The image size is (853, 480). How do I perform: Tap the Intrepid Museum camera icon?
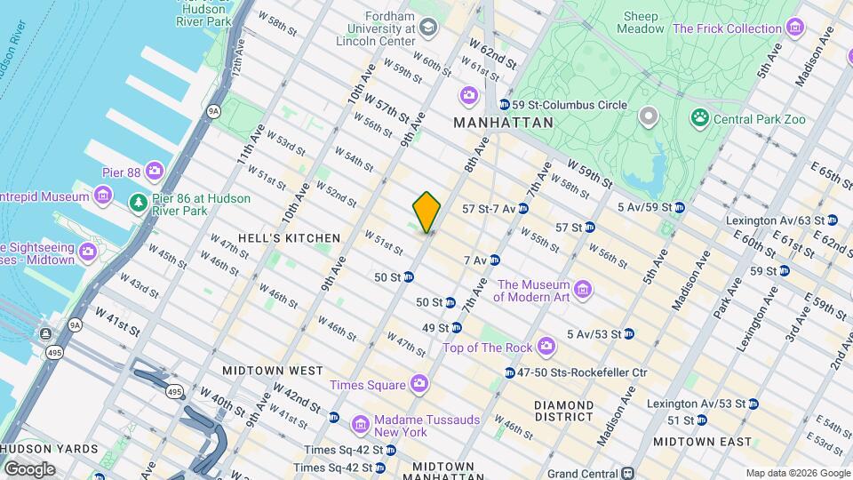tap(104, 196)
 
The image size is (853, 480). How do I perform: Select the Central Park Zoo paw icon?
tap(700, 118)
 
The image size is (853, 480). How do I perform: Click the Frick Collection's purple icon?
tap(793, 28)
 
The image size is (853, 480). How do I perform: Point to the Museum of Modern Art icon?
tap(583, 291)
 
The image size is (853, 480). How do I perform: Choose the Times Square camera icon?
tap(419, 384)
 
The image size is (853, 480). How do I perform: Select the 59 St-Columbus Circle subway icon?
tap(505, 105)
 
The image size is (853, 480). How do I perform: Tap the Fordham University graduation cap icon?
tap(428, 28)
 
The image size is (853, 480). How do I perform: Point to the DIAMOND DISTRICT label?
tap(563, 410)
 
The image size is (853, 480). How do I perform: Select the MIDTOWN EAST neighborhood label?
tap(702, 441)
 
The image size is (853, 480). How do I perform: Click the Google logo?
tap(29, 468)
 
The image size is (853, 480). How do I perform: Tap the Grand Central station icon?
tap(627, 473)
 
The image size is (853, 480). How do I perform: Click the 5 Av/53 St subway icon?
tap(629, 334)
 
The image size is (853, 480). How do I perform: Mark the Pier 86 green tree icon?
tap(138, 204)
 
